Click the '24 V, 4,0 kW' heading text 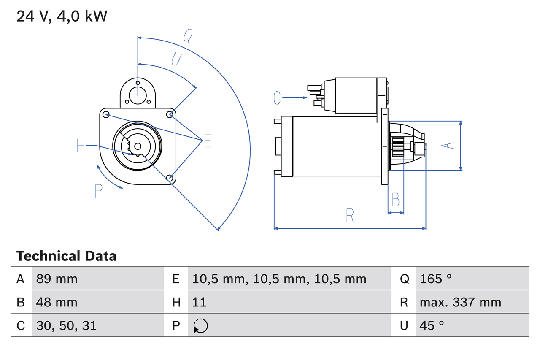click(62, 16)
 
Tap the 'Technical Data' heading click(66, 256)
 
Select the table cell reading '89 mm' click(57, 279)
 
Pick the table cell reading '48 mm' click(57, 302)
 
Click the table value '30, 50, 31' click(66, 325)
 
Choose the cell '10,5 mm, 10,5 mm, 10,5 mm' click(279, 279)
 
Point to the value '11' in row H click(199, 302)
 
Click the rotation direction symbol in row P click(200, 326)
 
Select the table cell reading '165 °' click(436, 279)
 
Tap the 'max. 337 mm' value click(460, 302)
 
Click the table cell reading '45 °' click(432, 325)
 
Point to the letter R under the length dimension click(350, 216)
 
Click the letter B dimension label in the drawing click(395, 200)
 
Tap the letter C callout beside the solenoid click(277, 98)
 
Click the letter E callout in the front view click(208, 141)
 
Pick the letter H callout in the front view click(81, 146)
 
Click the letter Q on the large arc click(188, 36)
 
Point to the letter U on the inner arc click(176, 59)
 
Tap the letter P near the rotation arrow click(98, 191)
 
